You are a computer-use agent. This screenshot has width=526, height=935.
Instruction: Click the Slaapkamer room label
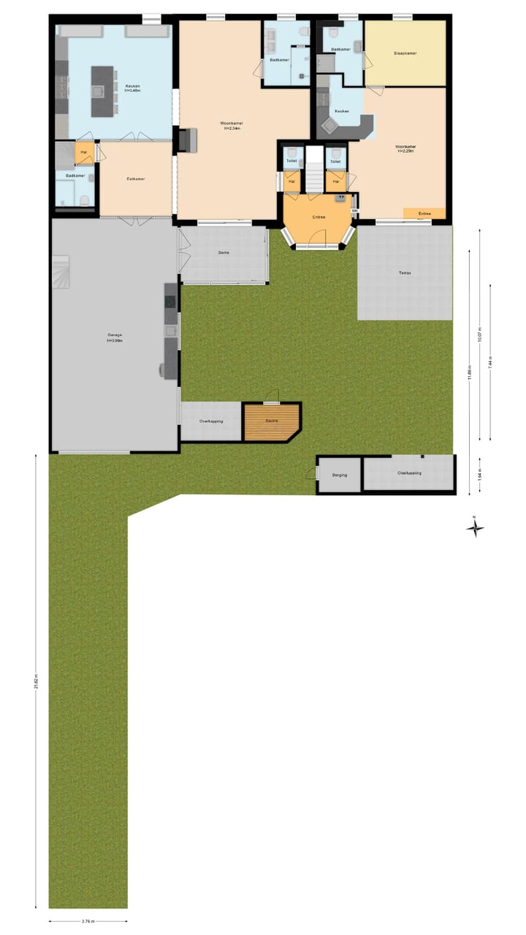[x=405, y=53]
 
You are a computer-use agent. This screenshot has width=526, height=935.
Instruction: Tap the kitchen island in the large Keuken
[x=103, y=91]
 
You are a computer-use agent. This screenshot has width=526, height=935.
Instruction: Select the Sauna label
[x=271, y=421]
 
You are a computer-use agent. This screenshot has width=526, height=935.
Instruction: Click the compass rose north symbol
[x=475, y=527]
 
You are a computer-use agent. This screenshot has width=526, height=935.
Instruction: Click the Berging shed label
[x=340, y=475]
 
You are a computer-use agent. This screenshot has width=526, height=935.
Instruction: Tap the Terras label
[x=405, y=272]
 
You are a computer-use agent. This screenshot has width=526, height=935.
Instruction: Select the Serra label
[x=224, y=253]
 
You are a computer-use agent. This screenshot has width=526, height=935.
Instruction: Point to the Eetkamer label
[x=134, y=178]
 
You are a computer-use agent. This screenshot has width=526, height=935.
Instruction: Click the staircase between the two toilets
[x=314, y=169]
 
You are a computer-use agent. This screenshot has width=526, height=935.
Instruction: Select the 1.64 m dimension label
[x=480, y=474]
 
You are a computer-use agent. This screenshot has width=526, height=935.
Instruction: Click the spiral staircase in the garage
[x=61, y=271]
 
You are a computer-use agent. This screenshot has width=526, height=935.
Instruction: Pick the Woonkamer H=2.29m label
[x=406, y=149]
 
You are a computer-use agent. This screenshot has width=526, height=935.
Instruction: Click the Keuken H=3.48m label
[x=132, y=88]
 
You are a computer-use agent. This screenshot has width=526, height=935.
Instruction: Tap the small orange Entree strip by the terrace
[x=424, y=213]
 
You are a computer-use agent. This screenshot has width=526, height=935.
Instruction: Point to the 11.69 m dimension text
[x=470, y=373]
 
